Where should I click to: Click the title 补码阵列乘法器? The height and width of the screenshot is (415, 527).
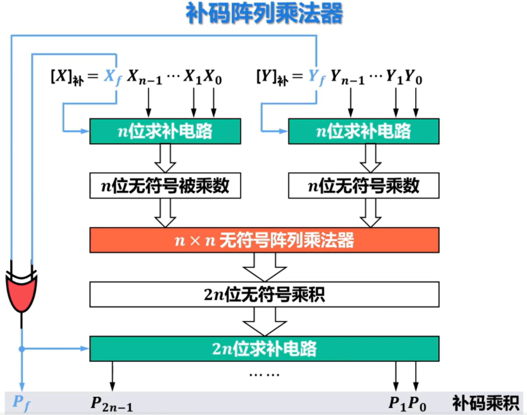264,14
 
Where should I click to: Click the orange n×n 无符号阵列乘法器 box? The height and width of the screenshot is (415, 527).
264,240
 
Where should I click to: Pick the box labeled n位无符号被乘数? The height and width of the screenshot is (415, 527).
165,186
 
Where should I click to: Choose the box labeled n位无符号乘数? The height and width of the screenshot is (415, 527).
363,186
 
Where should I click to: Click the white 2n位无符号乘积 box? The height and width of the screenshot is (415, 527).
264,295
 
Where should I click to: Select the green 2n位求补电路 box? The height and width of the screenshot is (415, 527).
264,349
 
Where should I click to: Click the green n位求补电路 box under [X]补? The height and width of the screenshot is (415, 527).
165,131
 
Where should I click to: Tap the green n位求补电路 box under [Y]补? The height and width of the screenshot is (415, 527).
363,131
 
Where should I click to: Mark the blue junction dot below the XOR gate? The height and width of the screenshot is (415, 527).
21,349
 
